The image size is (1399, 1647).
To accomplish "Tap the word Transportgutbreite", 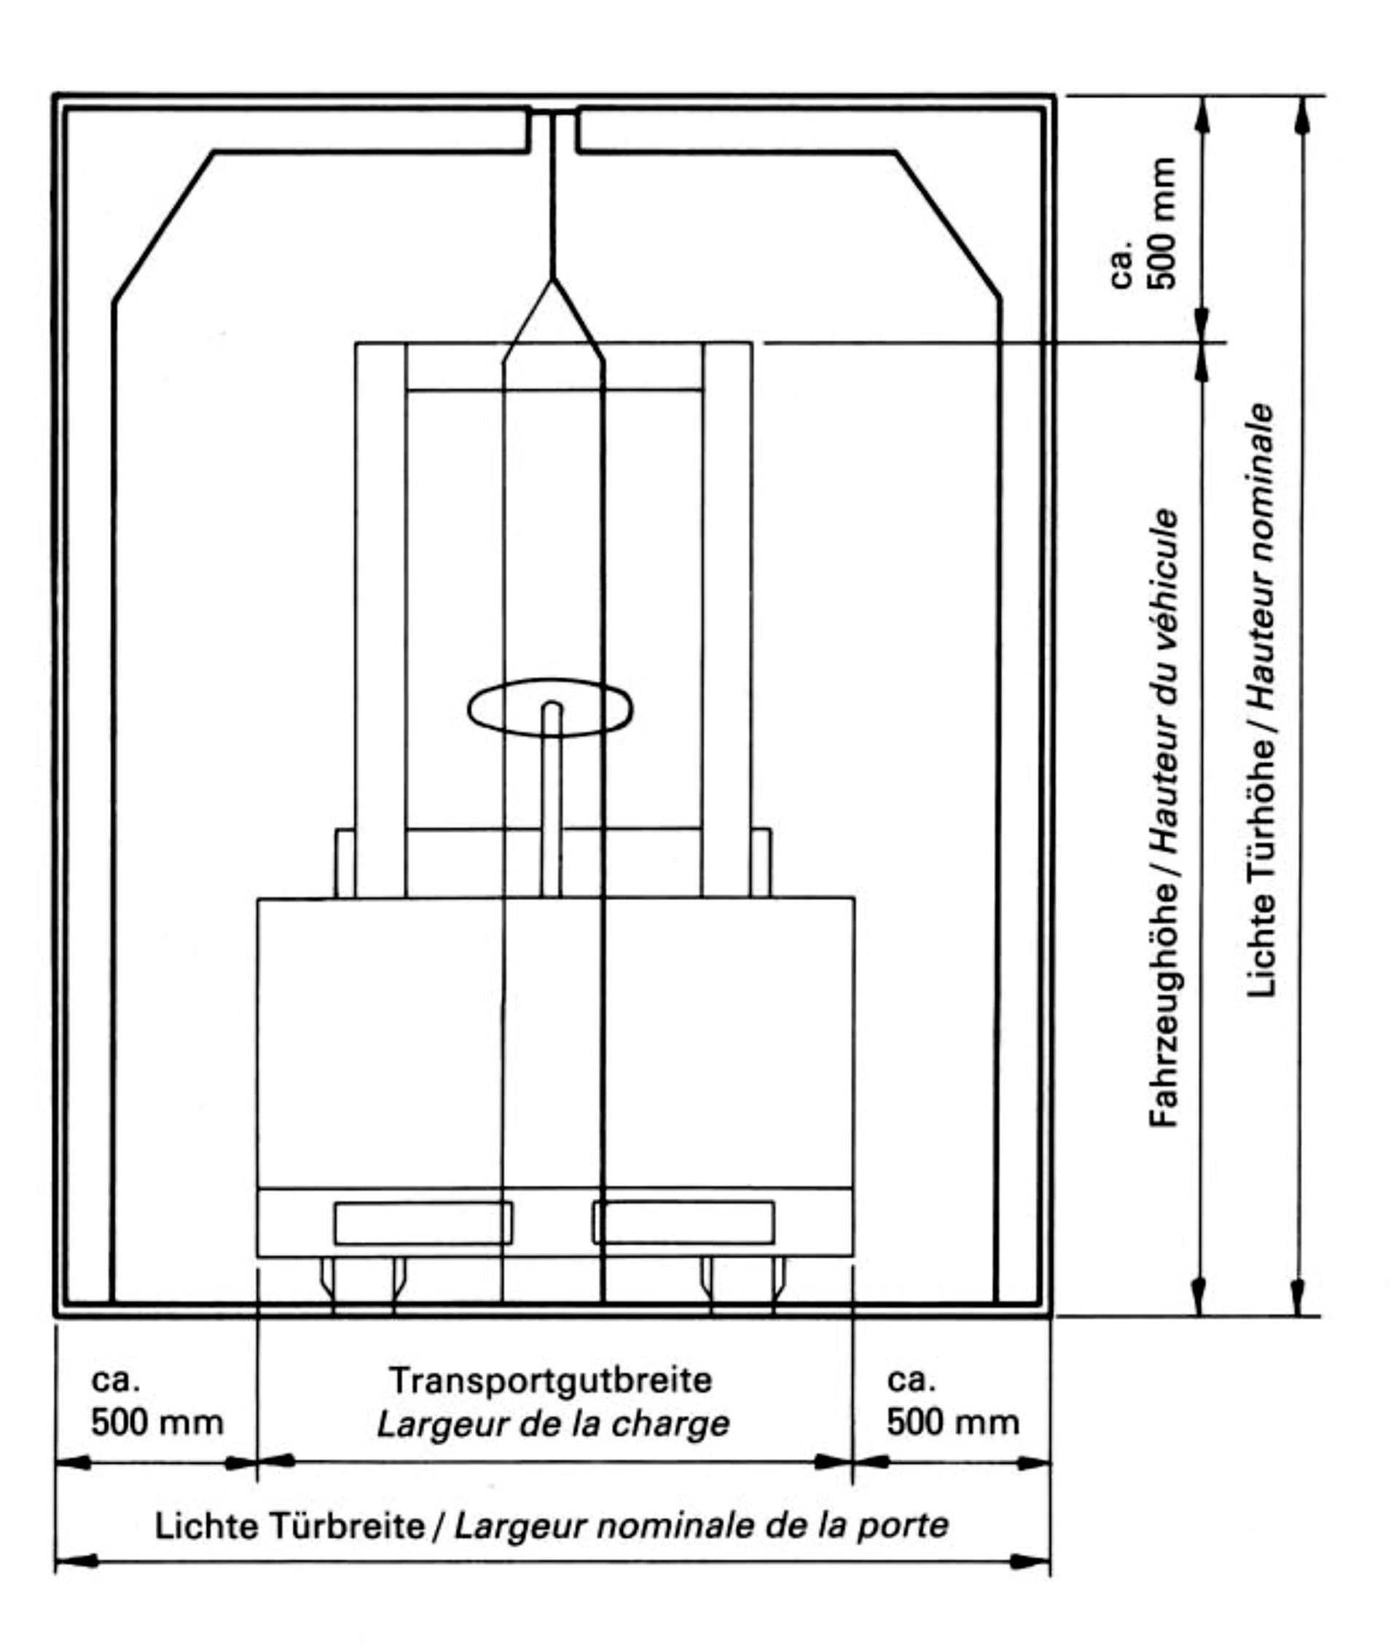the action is tap(550, 1380).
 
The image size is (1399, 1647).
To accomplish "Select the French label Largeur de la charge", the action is tap(554, 1423).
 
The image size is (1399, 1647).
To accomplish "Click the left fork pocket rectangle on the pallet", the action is tap(423, 1223).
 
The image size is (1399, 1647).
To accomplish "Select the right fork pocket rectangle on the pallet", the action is tap(683, 1223).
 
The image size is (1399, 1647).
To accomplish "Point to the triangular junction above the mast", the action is tap(553, 317).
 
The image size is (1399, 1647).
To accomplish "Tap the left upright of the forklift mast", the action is tap(380, 620).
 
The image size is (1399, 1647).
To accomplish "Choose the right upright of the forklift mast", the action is tap(726, 620).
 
